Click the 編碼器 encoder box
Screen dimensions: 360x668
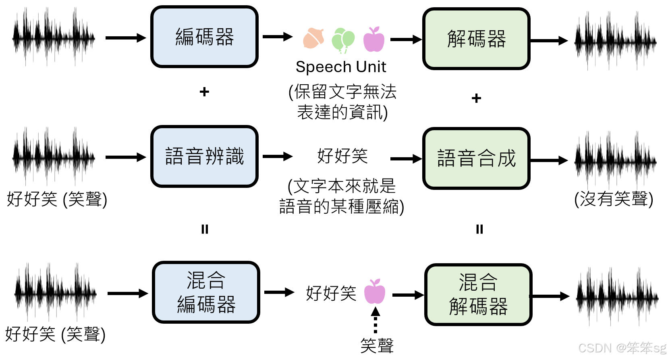(x=204, y=37)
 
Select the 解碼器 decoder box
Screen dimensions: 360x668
(x=476, y=39)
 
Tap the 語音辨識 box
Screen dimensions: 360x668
(x=204, y=156)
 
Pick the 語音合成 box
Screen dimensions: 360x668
(x=476, y=158)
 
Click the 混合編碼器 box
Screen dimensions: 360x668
(x=206, y=292)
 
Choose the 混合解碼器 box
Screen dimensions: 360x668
(x=478, y=295)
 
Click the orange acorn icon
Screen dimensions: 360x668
(x=314, y=39)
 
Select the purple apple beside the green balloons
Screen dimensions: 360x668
(x=373, y=40)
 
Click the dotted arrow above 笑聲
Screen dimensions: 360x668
(x=375, y=320)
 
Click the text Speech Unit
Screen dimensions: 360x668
(x=341, y=67)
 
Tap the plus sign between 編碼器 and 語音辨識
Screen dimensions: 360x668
(x=204, y=92)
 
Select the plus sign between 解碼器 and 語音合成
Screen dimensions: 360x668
(x=476, y=98)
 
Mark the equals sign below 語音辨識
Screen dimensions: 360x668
(x=205, y=229)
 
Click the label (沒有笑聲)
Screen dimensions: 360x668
(x=613, y=199)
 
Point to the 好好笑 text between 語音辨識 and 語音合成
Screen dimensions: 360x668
(x=342, y=156)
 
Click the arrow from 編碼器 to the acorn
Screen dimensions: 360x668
(x=277, y=37)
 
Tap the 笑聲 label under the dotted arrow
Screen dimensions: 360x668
(x=377, y=346)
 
